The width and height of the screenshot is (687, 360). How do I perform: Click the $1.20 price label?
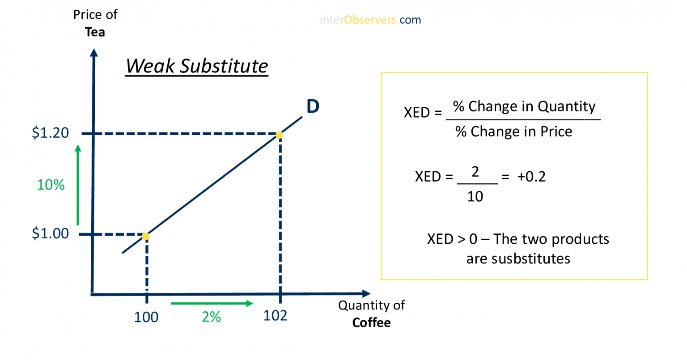click(50, 133)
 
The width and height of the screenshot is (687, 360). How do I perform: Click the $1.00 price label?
click(50, 233)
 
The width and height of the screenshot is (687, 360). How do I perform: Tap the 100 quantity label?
click(146, 317)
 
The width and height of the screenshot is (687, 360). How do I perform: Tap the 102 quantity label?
click(275, 316)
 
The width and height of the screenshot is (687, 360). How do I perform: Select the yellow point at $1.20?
click(279, 135)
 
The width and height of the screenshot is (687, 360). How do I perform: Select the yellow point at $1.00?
click(145, 236)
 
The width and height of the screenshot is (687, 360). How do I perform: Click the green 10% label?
click(51, 185)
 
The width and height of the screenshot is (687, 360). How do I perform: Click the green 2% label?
click(211, 317)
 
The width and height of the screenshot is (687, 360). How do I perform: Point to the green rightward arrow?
click(212, 303)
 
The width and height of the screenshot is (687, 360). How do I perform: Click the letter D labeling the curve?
click(313, 106)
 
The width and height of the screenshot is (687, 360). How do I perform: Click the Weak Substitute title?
click(196, 66)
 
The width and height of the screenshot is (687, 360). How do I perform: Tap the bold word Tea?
click(95, 32)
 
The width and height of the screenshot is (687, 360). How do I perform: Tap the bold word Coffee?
click(371, 322)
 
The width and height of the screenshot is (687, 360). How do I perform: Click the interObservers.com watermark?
click(370, 20)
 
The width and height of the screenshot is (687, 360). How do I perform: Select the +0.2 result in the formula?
click(531, 177)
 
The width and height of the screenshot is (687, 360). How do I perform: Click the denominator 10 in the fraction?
click(475, 196)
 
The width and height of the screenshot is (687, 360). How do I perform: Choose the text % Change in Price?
click(513, 131)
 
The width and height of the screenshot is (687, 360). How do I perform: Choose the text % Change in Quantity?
click(524, 106)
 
